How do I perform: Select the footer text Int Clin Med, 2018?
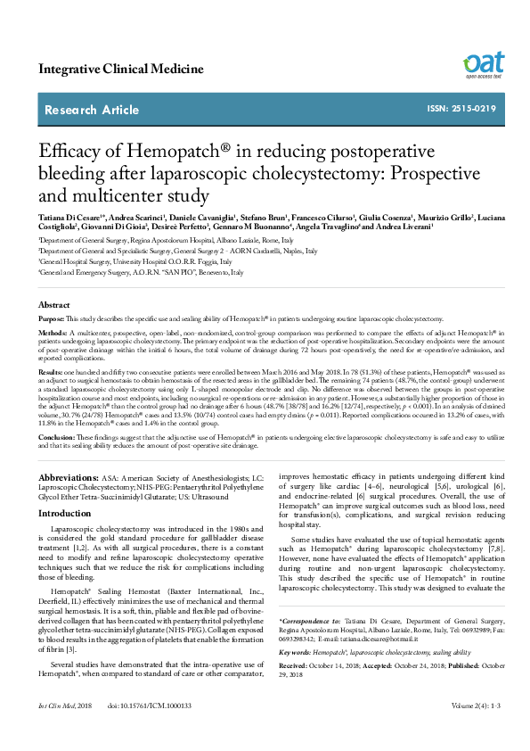[x=64, y=730]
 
